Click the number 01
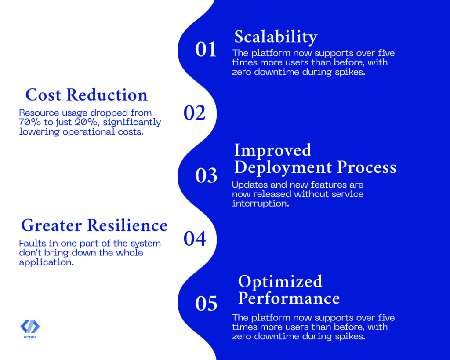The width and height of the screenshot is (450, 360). [206, 49]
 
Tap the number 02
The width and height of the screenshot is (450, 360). [194, 113]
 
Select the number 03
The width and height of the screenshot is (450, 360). [206, 175]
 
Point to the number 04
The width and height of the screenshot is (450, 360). [195, 239]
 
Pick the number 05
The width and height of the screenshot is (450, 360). [206, 303]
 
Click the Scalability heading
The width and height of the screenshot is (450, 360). [276, 37]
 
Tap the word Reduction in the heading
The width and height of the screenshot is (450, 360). [107, 95]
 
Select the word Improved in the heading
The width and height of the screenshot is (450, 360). [272, 150]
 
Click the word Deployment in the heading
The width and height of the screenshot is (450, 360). [283, 167]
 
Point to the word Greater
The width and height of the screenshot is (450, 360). [52, 225]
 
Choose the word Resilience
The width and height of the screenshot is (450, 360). [127, 225]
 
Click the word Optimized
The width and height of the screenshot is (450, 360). [280, 282]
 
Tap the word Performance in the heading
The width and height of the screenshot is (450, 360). [289, 298]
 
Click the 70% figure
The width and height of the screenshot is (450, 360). [30, 122]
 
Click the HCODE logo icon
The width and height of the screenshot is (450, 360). [30, 327]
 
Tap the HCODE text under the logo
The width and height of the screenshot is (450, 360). [30, 337]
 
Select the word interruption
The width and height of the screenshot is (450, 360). [261, 204]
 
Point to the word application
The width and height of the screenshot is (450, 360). [47, 262]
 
